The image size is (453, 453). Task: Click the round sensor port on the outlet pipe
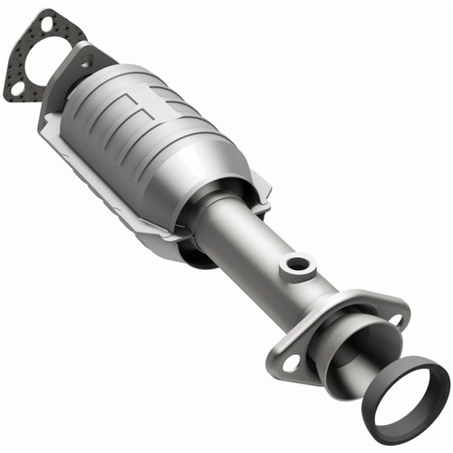(294, 265)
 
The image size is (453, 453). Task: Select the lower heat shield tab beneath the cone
(172, 238)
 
